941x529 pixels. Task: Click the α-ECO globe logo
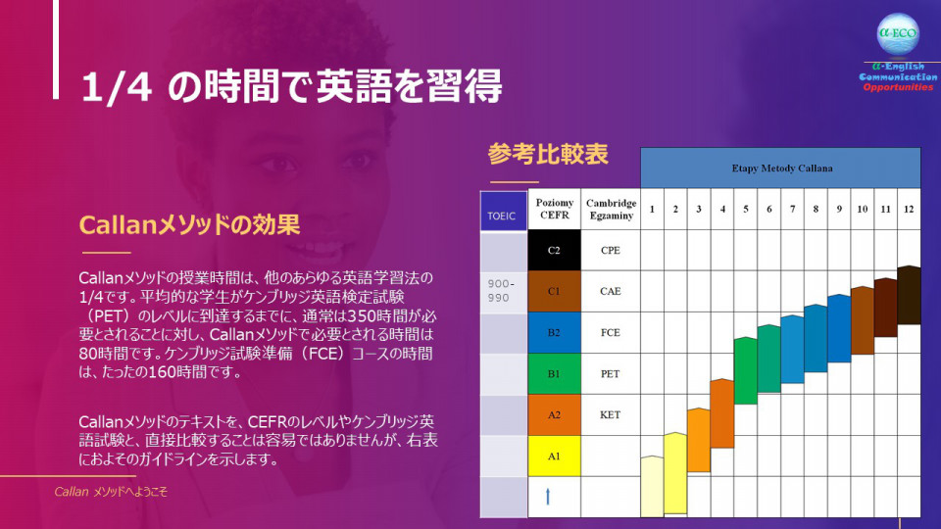coord(898,34)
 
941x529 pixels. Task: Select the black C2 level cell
coord(554,250)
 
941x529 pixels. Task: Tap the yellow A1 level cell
coord(554,456)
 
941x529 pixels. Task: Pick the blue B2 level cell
coord(554,332)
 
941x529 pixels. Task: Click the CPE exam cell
coord(611,250)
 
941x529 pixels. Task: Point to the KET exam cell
coord(611,414)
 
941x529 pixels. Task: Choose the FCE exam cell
coord(611,332)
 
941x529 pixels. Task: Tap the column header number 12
coord(909,209)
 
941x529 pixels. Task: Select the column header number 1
coord(652,209)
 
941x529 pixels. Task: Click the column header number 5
coord(745,209)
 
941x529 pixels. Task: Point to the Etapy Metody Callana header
coord(781,168)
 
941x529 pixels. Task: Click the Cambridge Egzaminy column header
coord(611,209)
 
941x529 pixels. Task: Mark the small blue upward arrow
coord(547,496)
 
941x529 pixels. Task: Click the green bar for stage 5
coord(745,370)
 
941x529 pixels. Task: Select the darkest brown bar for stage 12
coord(910,295)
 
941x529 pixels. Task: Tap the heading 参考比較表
coord(548,154)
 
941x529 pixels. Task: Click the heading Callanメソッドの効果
coord(189,224)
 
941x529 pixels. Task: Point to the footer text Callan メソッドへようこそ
coord(111,492)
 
